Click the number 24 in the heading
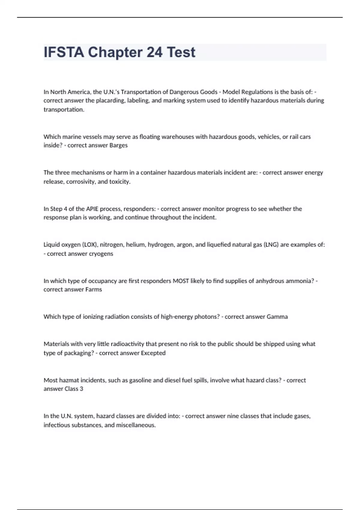154,52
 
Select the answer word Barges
118,145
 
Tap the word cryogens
101,253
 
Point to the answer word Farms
94,289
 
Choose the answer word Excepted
153,353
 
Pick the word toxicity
120,181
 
